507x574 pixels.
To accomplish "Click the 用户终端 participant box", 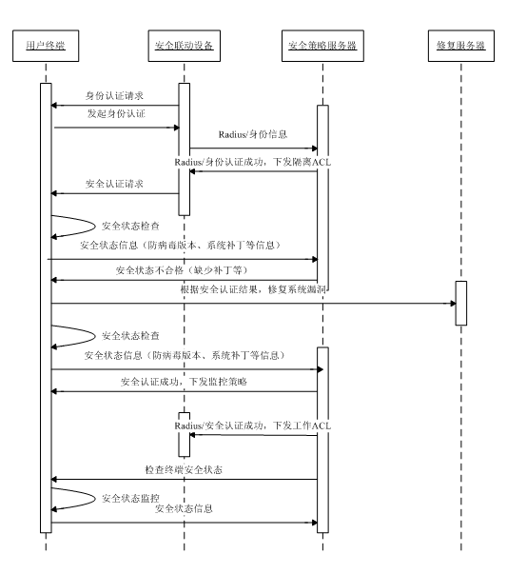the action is tap(46, 46).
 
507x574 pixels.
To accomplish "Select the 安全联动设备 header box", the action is tap(184, 46).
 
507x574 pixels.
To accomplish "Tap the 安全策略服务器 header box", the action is tap(322, 46).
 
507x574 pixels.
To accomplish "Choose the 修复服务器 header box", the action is tap(461, 46).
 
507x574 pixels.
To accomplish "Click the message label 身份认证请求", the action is tap(114, 96).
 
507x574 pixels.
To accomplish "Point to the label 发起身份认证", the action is tap(116, 113).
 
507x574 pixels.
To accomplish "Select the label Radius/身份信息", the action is tap(253, 134).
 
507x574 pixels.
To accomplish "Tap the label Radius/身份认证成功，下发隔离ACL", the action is tap(253, 162).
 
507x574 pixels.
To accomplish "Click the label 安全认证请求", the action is tap(114, 184).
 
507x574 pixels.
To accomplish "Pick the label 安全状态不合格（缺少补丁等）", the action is tap(182, 270).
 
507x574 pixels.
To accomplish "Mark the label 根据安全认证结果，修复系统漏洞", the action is tap(253, 289).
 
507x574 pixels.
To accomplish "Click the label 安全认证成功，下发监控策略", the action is tap(184, 382).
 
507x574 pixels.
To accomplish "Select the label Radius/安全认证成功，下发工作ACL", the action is tap(253, 426).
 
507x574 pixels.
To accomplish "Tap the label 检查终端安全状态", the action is tap(184, 469).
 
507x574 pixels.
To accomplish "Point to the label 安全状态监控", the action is tap(130, 498).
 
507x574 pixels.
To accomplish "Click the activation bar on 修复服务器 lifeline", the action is tap(461, 303).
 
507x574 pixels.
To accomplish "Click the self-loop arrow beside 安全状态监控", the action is tap(94, 498).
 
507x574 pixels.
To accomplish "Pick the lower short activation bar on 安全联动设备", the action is tap(184, 435).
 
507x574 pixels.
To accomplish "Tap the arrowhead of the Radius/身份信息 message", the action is tap(314, 148).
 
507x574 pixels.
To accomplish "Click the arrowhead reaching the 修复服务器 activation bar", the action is tap(453, 303).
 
